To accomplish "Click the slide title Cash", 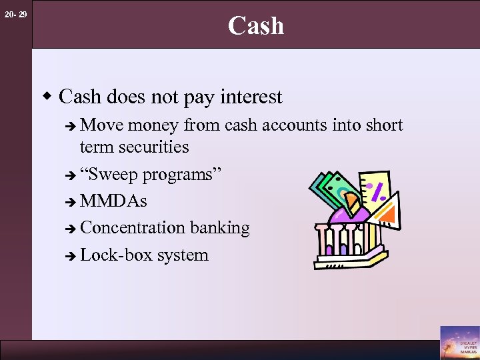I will [256, 25].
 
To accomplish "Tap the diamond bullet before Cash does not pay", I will [48, 97].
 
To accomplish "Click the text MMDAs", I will [113, 201].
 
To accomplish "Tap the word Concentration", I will [133, 228].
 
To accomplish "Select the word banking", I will [219, 228].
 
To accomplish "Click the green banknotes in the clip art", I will [331, 189].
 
